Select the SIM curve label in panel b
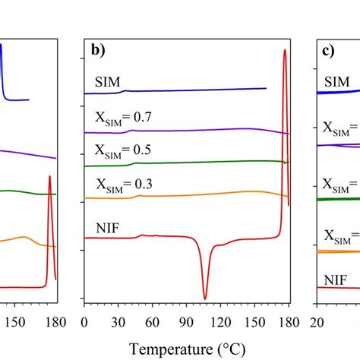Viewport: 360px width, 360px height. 109,81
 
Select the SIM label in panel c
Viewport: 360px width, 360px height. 337,81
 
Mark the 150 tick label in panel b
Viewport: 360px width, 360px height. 244,321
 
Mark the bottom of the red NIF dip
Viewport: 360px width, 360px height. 204,298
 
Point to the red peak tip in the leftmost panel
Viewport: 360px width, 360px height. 49,176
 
